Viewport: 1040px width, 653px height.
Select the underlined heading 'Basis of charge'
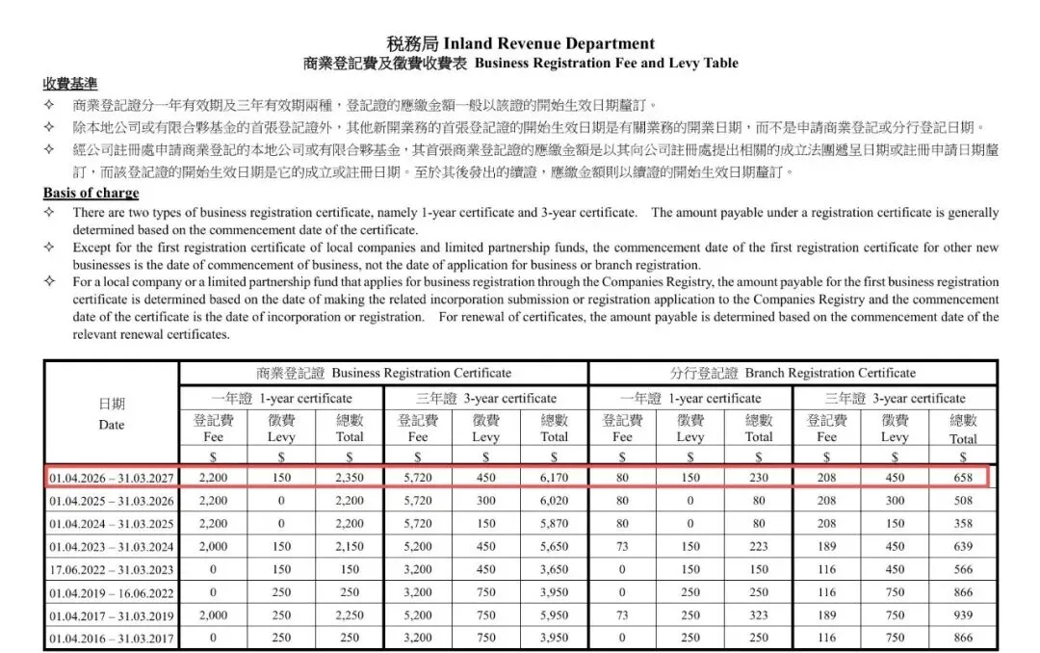pos(91,194)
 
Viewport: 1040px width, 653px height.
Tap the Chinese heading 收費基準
pos(69,84)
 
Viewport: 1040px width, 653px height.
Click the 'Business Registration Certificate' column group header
pos(384,373)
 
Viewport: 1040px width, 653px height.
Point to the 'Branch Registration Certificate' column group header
pos(793,373)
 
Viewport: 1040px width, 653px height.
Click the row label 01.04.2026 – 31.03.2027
pos(112,477)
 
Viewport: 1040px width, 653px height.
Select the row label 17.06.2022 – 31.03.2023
pos(112,568)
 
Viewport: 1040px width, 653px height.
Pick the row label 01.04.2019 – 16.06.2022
pos(112,591)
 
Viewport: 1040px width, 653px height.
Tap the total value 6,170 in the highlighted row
pos(554,477)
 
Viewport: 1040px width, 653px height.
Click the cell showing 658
pos(962,477)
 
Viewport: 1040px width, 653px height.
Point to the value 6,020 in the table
pos(554,500)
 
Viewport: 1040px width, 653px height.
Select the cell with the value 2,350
pos(350,477)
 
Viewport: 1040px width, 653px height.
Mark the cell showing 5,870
pos(554,523)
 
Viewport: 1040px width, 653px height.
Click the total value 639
pos(962,545)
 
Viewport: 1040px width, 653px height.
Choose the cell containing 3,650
pos(554,568)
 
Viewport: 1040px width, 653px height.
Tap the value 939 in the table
pos(962,614)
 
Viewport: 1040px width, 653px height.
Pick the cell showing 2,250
pos(350,614)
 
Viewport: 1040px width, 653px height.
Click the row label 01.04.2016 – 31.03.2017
pos(112,638)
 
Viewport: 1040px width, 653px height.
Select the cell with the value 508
pos(962,500)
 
